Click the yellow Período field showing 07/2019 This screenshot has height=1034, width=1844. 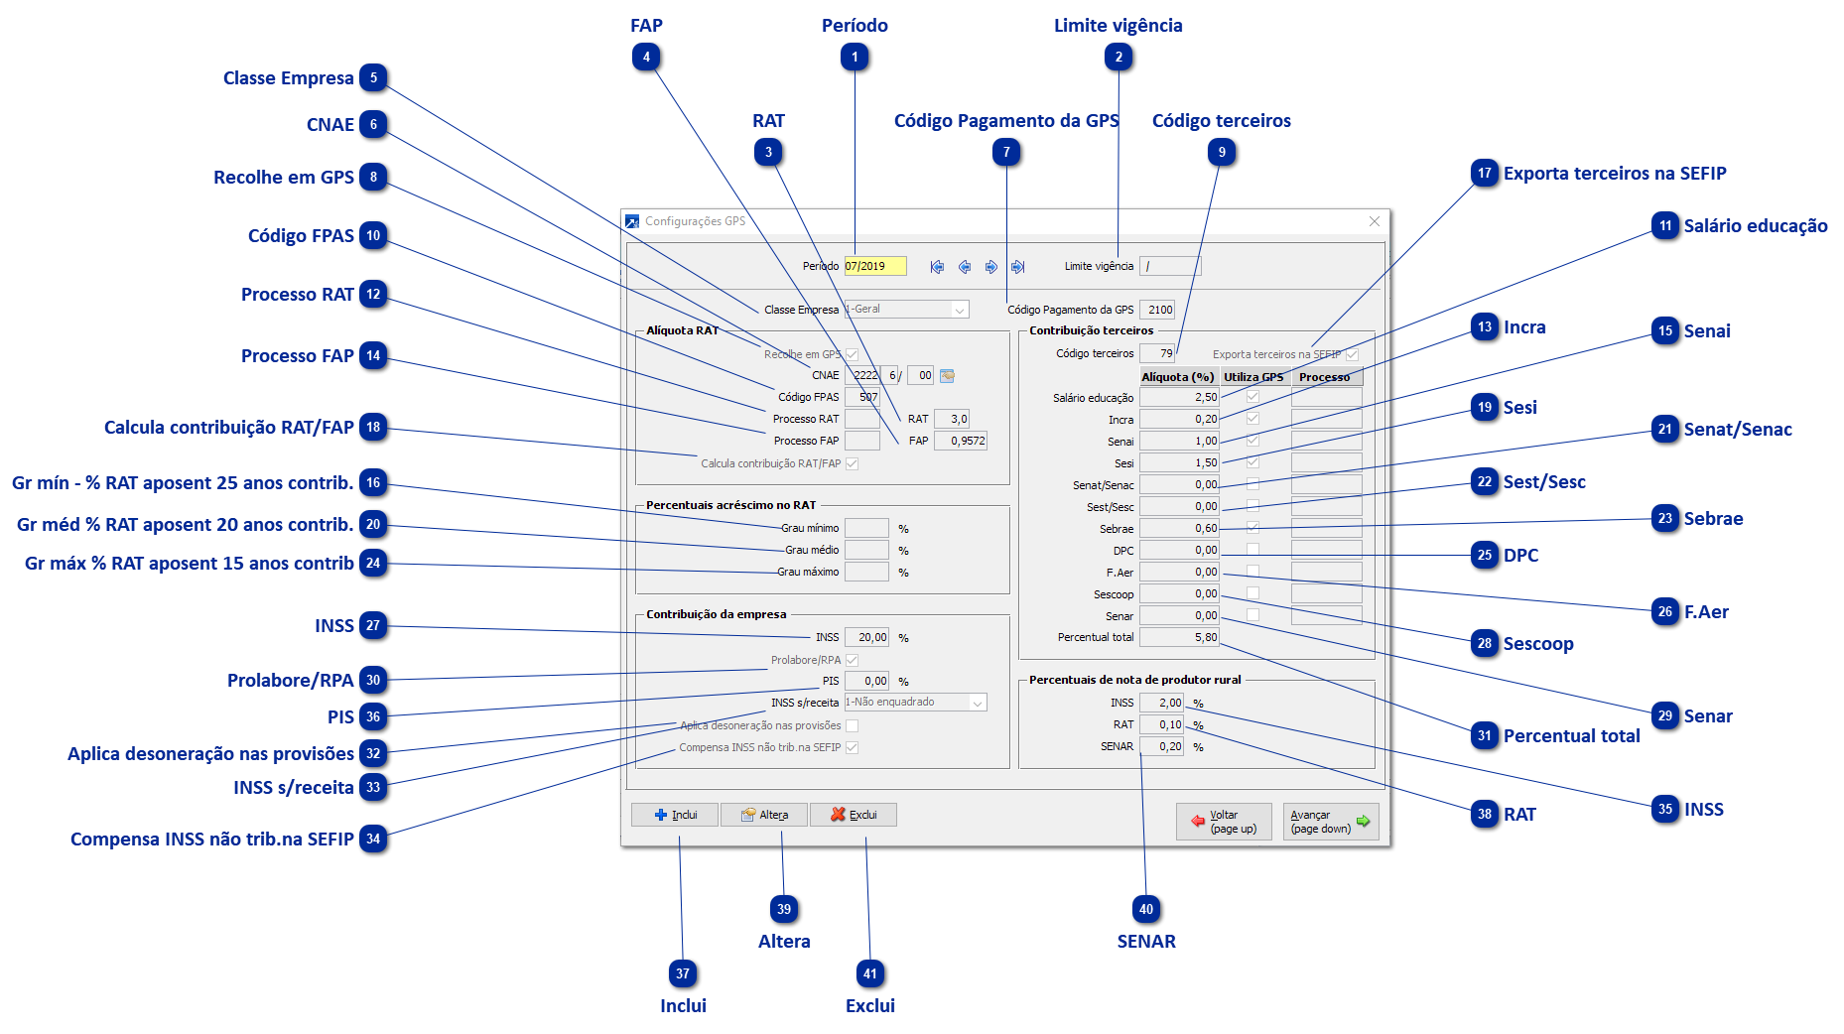874,266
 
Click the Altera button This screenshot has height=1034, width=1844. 763,815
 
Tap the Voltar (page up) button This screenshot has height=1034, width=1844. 1224,822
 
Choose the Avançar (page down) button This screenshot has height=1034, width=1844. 1330,822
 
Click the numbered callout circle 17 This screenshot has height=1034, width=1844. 1485,174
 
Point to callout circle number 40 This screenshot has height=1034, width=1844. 1146,909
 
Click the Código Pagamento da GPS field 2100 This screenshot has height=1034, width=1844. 1157,310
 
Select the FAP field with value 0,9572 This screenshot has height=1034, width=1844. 961,441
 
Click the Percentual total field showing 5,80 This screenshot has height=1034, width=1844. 1179,637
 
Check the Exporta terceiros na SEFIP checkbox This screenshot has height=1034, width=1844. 1352,354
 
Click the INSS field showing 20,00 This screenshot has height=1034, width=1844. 866,637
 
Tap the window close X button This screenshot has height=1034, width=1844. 1375,221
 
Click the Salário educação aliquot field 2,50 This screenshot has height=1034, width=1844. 1179,397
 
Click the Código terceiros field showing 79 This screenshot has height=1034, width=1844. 1157,353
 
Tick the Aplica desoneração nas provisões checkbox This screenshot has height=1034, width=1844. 852,725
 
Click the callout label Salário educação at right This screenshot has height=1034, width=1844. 1755,226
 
